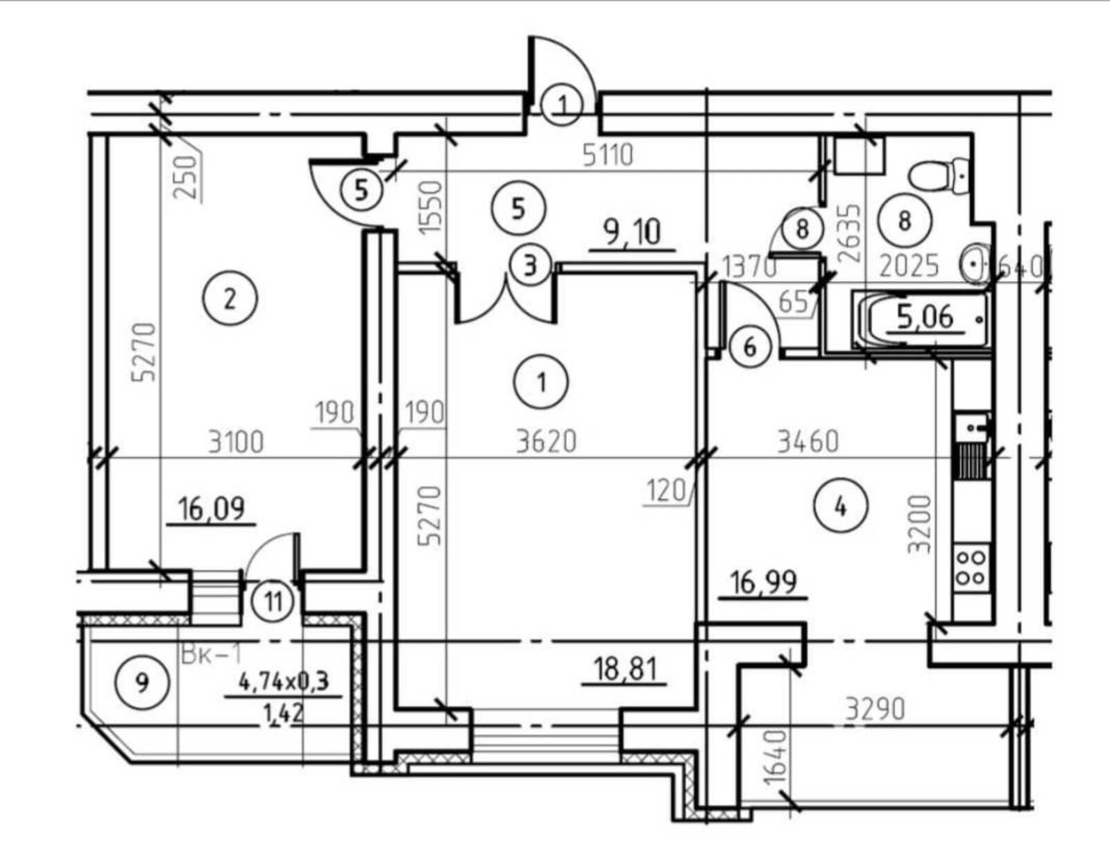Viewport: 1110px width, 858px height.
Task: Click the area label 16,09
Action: point(212,509)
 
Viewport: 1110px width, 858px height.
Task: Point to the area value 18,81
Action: point(625,669)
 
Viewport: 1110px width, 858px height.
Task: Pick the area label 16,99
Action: point(763,583)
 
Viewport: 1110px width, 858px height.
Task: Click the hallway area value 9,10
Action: point(633,233)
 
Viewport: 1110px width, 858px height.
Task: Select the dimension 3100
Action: point(236,443)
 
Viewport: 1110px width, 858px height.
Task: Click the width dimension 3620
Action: point(546,441)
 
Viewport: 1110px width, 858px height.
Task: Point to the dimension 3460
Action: point(808,441)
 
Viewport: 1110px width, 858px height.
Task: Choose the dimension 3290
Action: point(876,710)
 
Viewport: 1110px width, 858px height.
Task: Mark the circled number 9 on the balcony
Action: point(142,683)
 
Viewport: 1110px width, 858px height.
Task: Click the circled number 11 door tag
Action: point(274,601)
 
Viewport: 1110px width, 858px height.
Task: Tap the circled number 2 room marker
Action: point(230,298)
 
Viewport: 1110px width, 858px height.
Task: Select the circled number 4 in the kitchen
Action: point(840,507)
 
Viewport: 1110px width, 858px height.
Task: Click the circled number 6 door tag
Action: point(750,348)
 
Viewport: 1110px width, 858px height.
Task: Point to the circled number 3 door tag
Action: point(530,266)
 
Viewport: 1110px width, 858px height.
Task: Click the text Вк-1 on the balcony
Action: point(210,655)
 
